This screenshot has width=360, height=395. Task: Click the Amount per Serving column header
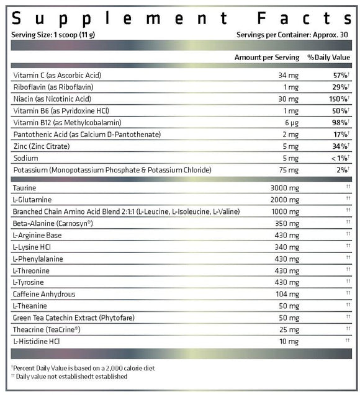266,57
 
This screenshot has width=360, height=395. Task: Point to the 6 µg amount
291,122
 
